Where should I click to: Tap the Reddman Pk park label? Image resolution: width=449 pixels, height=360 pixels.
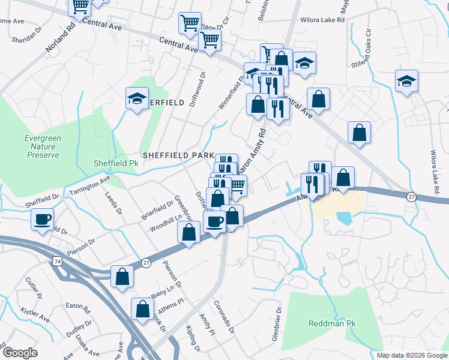point(332,323)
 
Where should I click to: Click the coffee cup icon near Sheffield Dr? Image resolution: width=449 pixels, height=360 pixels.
point(43,220)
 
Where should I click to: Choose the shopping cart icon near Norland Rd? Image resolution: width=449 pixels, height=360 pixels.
point(80,7)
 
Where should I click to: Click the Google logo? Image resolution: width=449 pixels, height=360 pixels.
point(20,352)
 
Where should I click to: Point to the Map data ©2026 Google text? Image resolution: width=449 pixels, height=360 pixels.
point(411,355)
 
